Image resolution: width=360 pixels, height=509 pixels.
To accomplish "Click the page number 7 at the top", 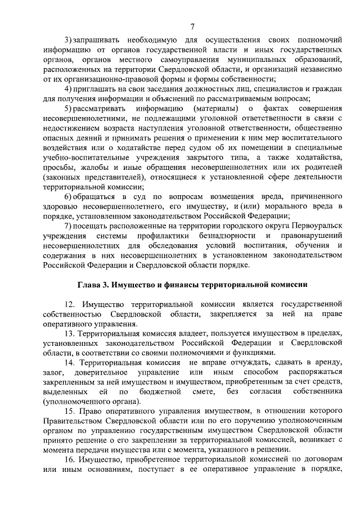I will [x=192, y=26].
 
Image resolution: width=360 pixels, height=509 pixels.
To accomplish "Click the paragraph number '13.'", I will [x=69, y=331].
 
